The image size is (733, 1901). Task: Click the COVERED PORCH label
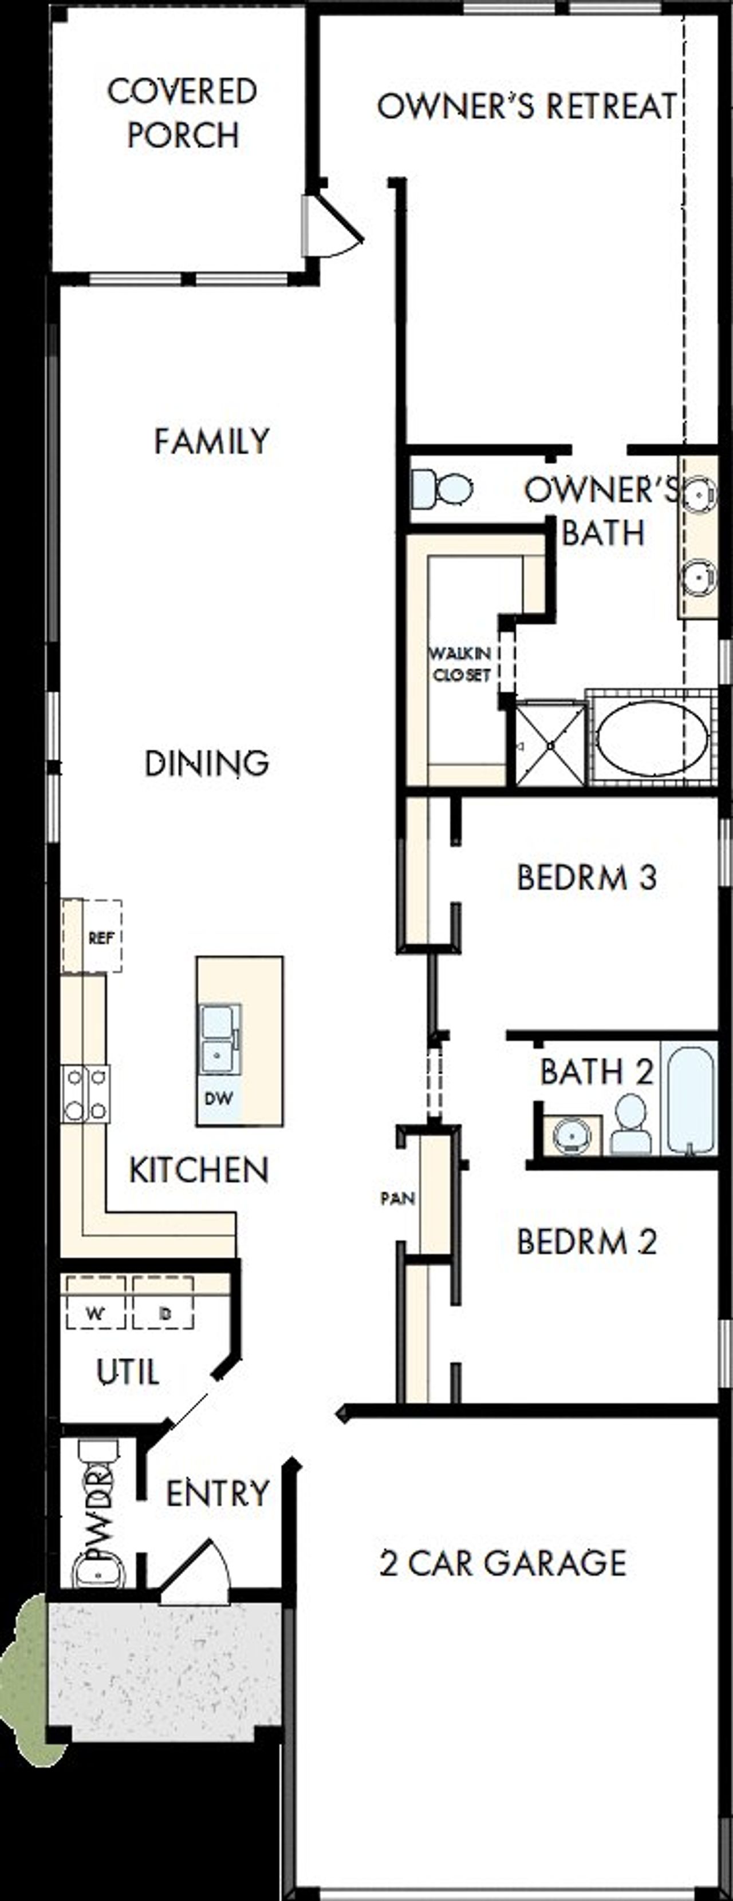pos(182,113)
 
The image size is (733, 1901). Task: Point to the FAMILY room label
pos(212,441)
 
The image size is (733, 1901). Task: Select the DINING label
pos(207,763)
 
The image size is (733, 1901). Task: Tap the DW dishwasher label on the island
pos(219,1098)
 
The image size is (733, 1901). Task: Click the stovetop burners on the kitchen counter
pos(86,1094)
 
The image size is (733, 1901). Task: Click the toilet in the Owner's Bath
pos(443,489)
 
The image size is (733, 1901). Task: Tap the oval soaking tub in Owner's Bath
pos(652,738)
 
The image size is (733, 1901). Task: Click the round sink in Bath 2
pos(572,1134)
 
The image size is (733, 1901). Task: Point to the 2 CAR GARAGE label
pos(503,1563)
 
